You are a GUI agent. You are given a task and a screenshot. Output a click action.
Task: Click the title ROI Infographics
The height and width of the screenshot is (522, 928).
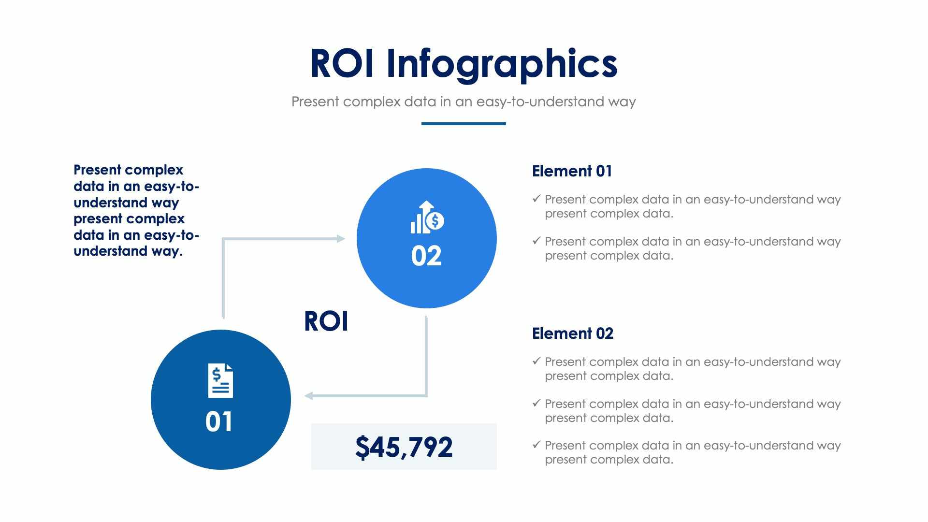[463, 63]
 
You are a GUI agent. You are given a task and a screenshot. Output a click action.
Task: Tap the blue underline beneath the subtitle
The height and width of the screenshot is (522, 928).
[463, 124]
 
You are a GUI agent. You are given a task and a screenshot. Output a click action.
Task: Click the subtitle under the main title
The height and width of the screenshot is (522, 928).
[463, 101]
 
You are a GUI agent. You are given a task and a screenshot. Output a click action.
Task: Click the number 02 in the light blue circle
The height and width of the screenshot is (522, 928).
[426, 256]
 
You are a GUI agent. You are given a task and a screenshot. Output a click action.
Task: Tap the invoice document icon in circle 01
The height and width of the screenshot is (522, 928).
[220, 381]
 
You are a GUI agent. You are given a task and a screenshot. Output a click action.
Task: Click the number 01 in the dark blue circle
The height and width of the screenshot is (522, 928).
[219, 421]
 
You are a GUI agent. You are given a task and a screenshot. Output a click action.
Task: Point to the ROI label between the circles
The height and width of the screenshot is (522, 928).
[326, 321]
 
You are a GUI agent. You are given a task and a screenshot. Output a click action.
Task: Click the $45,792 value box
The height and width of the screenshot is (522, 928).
[404, 447]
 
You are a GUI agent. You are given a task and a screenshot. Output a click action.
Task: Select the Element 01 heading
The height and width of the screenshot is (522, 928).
[572, 171]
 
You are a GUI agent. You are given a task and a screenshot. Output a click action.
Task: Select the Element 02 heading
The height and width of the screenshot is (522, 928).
[572, 333]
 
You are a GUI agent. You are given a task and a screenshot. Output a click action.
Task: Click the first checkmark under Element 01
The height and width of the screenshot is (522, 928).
[536, 199]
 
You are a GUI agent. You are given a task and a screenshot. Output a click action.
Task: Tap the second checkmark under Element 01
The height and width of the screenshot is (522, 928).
[536, 241]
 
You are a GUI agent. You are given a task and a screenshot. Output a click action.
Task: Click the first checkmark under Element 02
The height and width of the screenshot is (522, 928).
[536, 361]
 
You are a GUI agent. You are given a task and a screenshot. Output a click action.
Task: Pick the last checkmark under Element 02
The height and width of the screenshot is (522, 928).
[536, 445]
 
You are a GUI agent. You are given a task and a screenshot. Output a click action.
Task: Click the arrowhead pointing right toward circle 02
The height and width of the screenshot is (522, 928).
[341, 238]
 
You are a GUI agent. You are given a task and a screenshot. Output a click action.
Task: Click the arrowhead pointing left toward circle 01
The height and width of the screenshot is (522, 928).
[309, 396]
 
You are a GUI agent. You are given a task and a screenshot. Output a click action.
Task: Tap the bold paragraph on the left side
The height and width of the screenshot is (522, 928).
[136, 210]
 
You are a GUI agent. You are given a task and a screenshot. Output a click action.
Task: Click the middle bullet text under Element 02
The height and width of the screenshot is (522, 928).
[692, 410]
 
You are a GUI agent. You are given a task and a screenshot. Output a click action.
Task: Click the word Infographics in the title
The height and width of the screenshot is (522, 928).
[501, 63]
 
